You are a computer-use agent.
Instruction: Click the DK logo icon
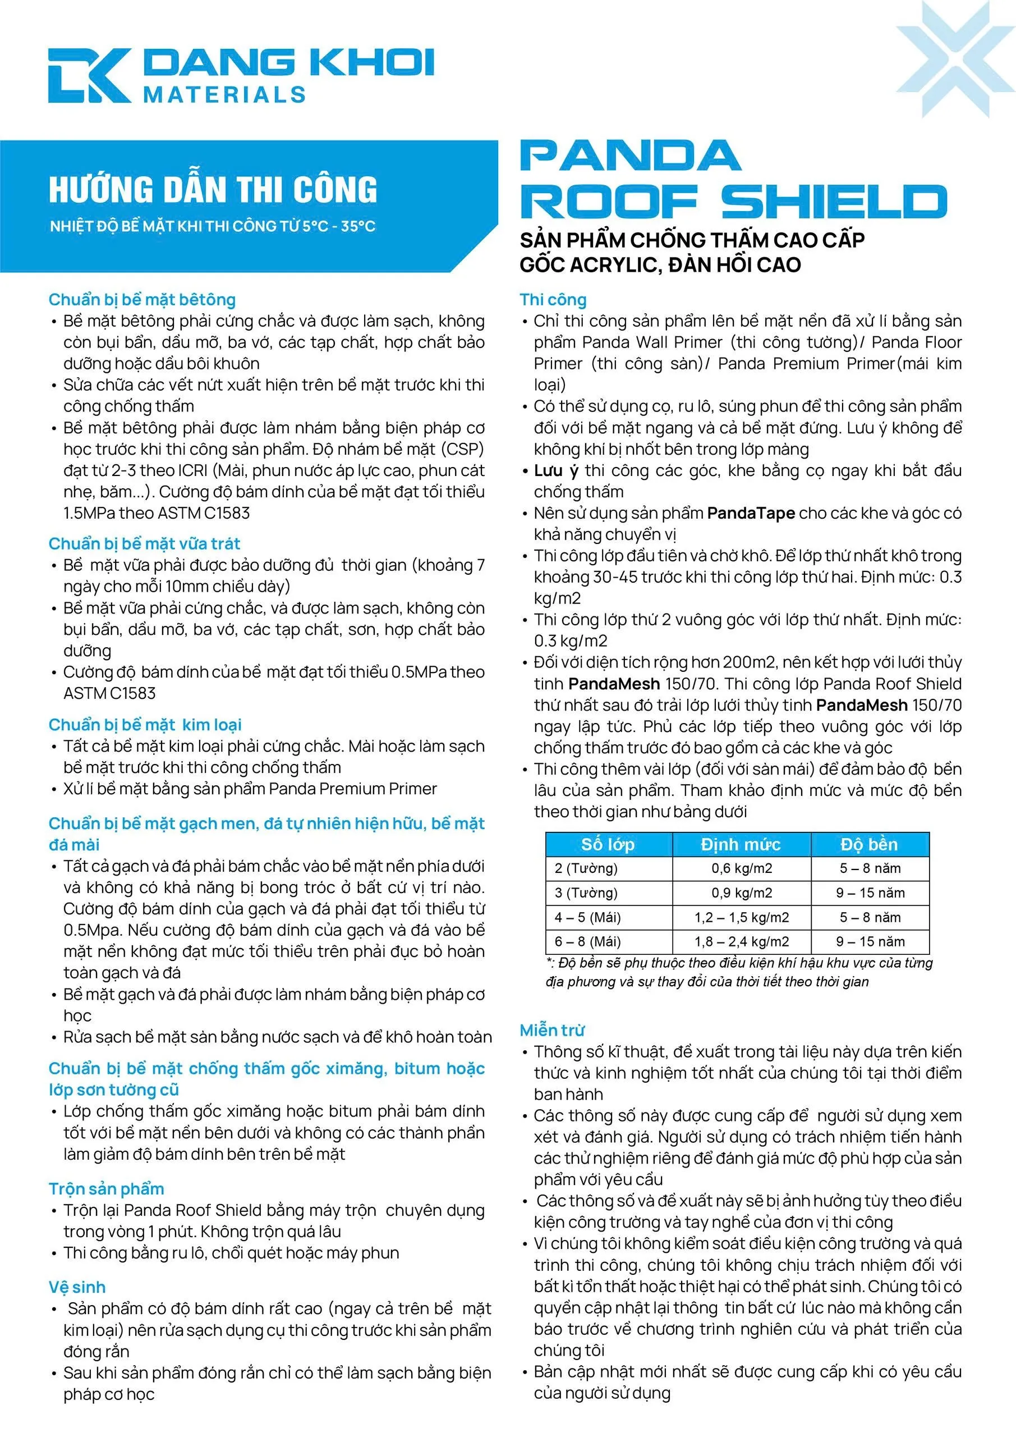pos(89,75)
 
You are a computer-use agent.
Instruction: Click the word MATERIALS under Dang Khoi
pos(224,94)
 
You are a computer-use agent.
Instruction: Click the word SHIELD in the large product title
pos(834,202)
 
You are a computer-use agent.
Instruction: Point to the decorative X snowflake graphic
pos(955,60)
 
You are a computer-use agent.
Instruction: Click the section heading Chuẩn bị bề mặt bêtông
pos(142,299)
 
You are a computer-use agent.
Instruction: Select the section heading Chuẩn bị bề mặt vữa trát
pos(144,543)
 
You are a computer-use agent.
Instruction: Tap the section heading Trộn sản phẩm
pos(107,1188)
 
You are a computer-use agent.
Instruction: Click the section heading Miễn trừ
pos(552,1030)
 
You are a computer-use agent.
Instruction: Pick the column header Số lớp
pos(608,844)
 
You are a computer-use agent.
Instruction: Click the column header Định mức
pos(740,844)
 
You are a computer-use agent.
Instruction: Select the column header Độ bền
pos(868,844)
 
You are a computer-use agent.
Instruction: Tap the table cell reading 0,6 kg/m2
pos(741,868)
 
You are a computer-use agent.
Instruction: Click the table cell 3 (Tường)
pos(586,893)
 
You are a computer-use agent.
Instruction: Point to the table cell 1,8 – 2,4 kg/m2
pos(741,941)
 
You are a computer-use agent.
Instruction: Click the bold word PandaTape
pos(751,513)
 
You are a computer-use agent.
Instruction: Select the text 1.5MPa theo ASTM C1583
pos(157,513)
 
